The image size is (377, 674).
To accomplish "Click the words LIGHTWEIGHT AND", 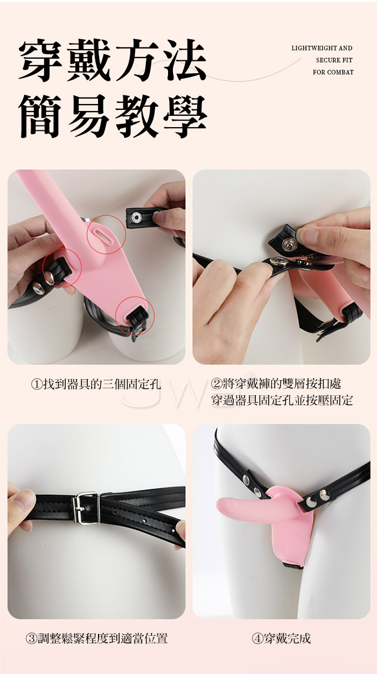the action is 322,48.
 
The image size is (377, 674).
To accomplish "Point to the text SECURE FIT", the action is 334,60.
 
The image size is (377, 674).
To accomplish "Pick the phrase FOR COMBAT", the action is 333,72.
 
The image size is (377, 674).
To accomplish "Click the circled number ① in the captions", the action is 37,384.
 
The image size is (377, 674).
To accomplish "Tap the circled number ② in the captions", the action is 217,384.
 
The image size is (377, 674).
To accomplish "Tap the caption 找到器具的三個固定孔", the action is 102,384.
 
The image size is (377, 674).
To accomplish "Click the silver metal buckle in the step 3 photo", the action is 86,508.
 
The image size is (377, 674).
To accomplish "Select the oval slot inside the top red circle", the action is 103,234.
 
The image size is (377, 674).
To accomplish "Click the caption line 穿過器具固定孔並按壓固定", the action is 282,400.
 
